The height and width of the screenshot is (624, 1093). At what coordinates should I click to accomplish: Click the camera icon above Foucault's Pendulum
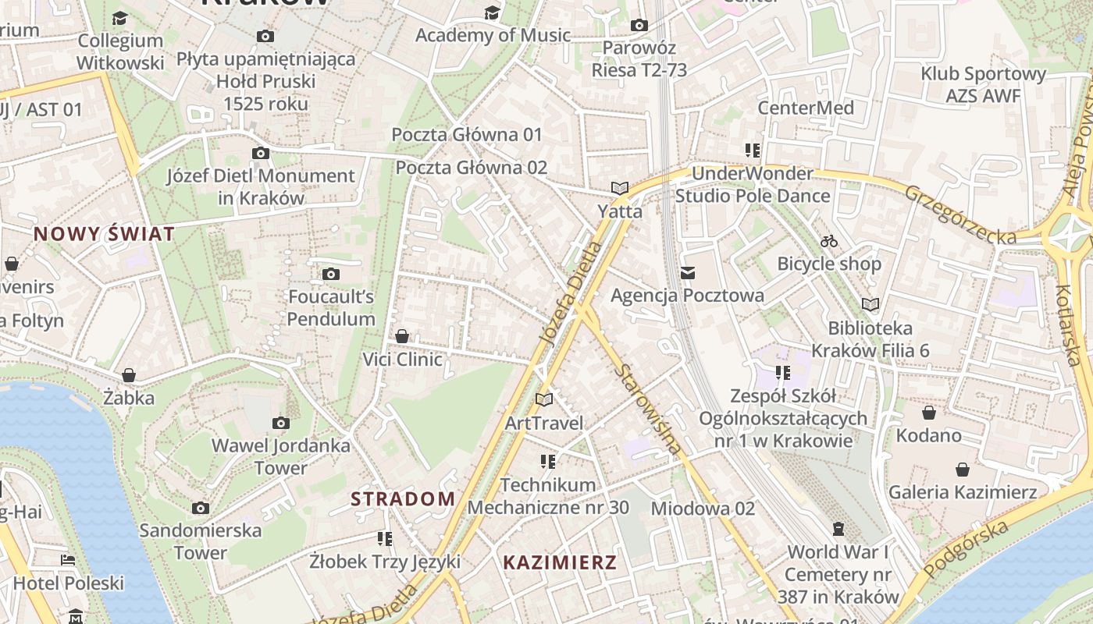pos(331,274)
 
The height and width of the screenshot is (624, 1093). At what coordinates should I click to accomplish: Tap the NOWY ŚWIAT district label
pos(104,233)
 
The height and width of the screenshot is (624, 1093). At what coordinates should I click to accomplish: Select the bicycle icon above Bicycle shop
pos(829,241)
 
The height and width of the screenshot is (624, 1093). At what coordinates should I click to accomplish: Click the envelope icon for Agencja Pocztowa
pos(687,272)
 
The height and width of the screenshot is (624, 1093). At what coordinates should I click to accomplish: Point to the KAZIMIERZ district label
pos(560,562)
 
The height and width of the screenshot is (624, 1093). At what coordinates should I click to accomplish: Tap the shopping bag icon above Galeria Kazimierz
pos(963,470)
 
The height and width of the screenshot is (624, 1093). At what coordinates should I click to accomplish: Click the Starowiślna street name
pos(648,409)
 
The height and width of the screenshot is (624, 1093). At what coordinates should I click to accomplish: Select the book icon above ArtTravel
pos(544,400)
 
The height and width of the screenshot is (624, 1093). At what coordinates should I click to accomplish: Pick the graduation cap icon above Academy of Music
pos(492,12)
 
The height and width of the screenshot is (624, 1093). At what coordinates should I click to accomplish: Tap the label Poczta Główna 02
pos(472,168)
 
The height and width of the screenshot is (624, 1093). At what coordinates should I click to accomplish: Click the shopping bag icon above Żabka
pos(129,375)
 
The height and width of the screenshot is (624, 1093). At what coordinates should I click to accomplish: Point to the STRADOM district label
pos(403,499)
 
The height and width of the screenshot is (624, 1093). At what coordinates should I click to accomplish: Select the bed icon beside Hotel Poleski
pos(68,560)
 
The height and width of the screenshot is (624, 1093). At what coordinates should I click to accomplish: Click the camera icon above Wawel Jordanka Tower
pos(281,424)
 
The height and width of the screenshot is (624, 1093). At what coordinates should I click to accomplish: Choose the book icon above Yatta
pos(620,189)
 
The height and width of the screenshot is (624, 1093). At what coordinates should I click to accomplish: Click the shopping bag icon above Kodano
pos(928,413)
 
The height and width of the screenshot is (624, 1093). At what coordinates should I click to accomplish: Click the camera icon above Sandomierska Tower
pos(201,508)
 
